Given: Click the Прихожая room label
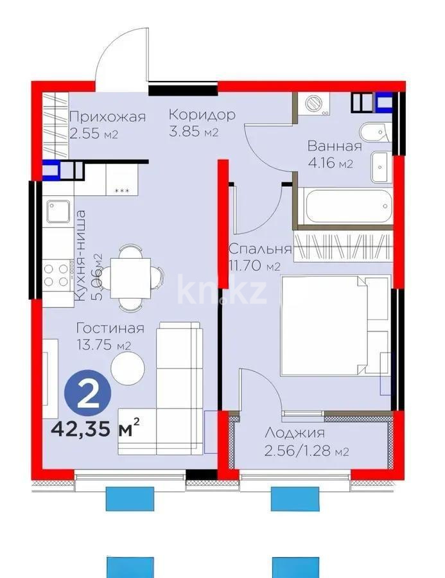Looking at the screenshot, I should [x=107, y=117].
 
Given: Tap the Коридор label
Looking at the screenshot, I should [x=202, y=115].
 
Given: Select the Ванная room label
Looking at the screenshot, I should [x=334, y=146].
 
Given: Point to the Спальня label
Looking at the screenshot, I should [x=260, y=249].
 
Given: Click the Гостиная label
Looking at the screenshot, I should [x=109, y=328].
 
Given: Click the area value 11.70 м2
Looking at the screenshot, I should [x=255, y=265].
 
